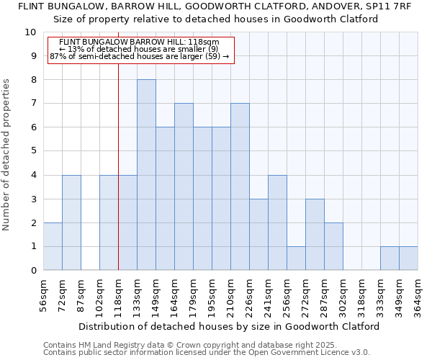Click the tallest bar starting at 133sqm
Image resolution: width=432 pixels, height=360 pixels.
coord(146,175)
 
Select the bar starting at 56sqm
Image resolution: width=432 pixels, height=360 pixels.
coord(53,246)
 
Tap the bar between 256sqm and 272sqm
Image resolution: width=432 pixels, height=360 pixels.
coord(296,258)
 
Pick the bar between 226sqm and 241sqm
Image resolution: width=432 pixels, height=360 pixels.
coord(258,235)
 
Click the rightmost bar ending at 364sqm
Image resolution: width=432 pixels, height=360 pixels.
coord(408,258)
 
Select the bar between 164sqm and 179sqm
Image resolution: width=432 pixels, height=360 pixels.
coord(184,186)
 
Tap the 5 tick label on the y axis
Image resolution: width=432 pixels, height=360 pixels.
coord(33,151)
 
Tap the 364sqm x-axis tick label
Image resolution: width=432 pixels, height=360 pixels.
coord(418,295)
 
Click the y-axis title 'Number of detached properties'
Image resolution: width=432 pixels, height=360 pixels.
coord(7,155)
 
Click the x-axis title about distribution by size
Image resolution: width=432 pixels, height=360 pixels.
coord(229,326)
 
